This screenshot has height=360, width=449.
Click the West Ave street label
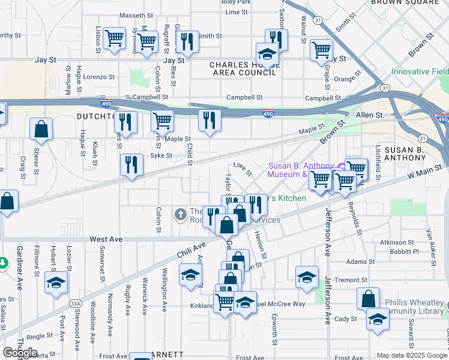106,239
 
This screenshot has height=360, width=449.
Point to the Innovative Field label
420,71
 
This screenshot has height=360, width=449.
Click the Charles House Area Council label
243,68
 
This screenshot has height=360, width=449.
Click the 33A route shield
75,304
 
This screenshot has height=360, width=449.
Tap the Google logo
20,352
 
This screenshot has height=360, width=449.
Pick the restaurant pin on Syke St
131,165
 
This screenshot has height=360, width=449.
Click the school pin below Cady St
378,319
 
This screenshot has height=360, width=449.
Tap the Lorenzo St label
98,77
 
